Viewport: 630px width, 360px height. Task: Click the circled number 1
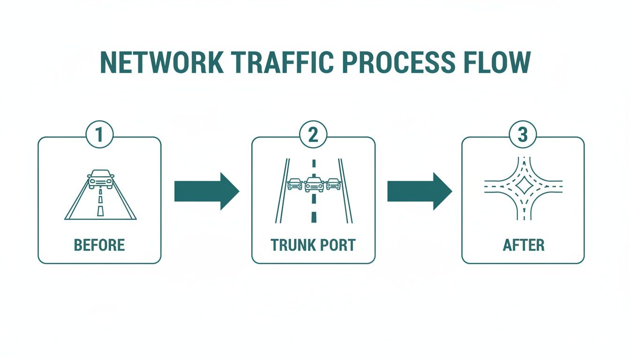[99, 135]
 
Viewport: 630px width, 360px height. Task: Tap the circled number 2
[313, 135]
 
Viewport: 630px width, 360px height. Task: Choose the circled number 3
[523, 135]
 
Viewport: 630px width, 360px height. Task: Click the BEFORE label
[99, 245]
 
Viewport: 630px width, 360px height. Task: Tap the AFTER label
[523, 245]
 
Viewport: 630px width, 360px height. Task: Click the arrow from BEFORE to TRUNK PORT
[207, 191]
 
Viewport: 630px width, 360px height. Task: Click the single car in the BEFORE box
[100, 179]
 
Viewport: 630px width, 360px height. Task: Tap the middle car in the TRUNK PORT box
[314, 184]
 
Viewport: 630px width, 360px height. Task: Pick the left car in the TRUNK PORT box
[294, 184]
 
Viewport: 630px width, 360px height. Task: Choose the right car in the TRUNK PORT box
[333, 184]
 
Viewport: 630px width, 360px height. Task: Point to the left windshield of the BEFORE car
[96, 173]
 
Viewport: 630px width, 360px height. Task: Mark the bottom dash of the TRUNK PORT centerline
[314, 217]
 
